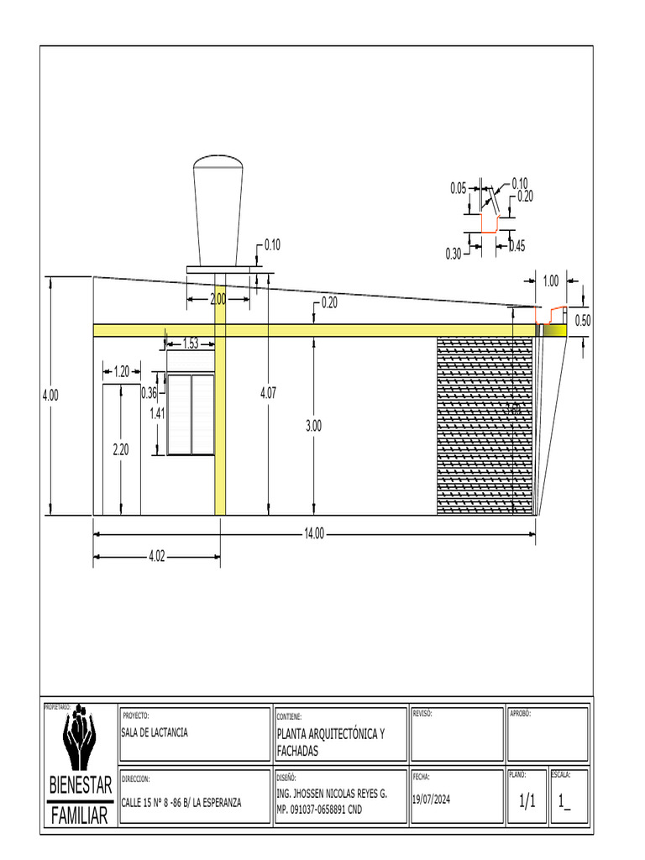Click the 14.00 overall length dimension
coord(313,533)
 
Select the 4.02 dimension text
coord(158,556)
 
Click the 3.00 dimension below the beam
coord(313,426)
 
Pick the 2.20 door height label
coord(121,449)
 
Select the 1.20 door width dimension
coord(121,371)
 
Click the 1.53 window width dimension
coord(190,343)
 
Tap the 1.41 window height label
coord(156,413)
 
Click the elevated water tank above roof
coord(219,210)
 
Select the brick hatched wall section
coord(485,427)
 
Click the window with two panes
coord(191,414)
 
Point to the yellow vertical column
coord(220,420)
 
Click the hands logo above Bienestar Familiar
coord(81,737)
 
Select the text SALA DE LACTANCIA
coord(155,732)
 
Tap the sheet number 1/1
coord(527,802)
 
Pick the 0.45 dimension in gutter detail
coord(517,246)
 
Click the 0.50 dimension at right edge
coord(582,320)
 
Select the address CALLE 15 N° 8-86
coord(181,803)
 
